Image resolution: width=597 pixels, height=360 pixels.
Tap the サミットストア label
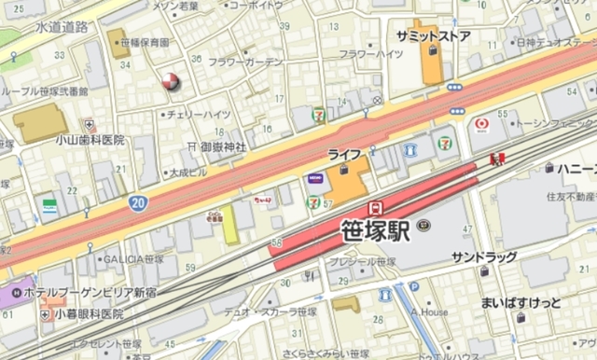tap(432, 35)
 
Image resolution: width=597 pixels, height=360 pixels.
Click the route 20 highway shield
tap(137, 201)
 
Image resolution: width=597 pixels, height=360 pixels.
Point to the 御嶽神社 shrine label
tap(221, 146)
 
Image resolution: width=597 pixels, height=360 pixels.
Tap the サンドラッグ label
tap(484, 256)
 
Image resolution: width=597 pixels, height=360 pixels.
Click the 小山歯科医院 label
tap(90, 139)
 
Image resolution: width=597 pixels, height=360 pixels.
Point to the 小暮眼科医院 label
tap(88, 314)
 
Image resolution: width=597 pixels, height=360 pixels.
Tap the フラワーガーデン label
tap(245, 62)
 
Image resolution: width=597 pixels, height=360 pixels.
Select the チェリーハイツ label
tap(198, 114)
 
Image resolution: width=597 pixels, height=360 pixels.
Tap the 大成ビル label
tap(191, 173)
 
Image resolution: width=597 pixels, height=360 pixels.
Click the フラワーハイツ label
tap(371, 54)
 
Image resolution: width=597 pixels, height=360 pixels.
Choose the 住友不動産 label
tap(570, 197)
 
